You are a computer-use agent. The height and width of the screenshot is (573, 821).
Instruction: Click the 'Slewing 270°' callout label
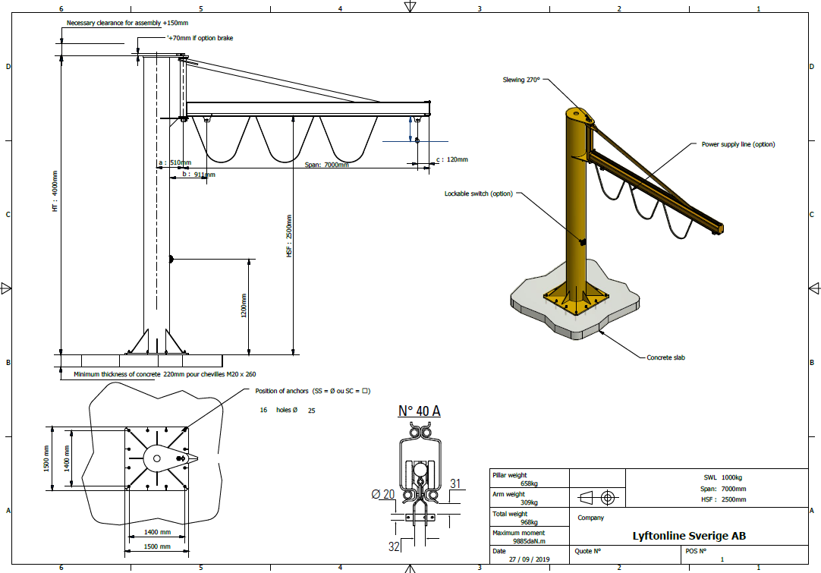[521, 80]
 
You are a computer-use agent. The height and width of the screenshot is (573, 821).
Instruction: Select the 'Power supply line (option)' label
[738, 144]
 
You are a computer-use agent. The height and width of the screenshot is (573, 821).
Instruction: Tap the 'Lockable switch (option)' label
[479, 194]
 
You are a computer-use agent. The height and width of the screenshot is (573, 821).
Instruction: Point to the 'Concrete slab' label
[665, 357]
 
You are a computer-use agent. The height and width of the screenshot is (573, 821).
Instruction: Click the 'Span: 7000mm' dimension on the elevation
[327, 165]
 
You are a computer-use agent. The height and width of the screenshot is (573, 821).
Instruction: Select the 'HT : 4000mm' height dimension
[55, 191]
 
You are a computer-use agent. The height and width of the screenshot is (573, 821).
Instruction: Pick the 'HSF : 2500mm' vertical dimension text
[289, 236]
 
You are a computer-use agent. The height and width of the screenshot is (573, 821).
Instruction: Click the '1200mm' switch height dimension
[244, 305]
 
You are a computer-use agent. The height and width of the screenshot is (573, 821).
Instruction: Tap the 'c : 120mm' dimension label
[452, 159]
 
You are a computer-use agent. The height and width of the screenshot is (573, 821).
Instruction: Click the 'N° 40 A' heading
[419, 411]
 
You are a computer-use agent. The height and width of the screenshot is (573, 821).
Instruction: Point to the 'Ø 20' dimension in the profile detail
[382, 494]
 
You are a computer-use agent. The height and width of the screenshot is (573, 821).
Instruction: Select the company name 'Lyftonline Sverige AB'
[689, 536]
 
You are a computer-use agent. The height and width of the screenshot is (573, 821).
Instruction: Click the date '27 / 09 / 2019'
[530, 559]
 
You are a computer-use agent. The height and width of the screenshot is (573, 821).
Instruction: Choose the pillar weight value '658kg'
[530, 484]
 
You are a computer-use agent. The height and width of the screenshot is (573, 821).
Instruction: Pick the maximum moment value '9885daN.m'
[529, 541]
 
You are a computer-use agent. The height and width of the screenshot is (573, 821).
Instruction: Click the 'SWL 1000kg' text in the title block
[722, 477]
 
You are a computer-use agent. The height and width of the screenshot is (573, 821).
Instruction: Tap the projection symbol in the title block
[597, 497]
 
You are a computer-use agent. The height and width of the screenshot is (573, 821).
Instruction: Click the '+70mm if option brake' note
[200, 38]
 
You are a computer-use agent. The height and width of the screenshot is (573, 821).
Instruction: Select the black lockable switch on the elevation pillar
[171, 259]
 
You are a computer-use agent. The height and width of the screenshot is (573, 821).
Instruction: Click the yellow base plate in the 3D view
[576, 301]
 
